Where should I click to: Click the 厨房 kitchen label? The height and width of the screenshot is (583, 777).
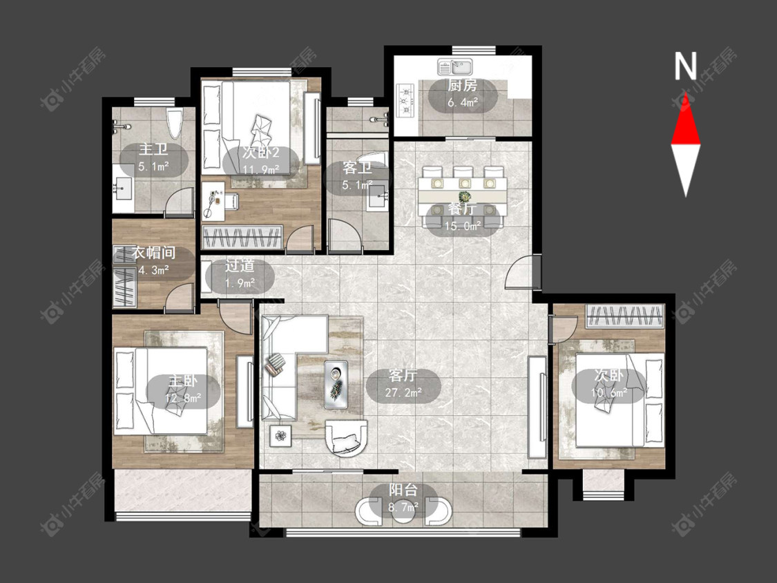click(x=462, y=86)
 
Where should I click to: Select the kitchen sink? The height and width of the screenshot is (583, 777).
click(x=455, y=66)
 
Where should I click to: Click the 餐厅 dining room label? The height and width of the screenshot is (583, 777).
click(x=462, y=209)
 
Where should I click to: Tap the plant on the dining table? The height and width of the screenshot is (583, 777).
click(x=464, y=196)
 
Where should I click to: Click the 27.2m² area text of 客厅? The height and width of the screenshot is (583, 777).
click(x=403, y=392)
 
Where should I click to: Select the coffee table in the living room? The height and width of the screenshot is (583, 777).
click(x=336, y=385)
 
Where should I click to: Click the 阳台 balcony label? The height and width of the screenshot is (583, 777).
click(x=403, y=490)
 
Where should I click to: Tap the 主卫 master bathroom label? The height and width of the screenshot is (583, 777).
click(x=153, y=149)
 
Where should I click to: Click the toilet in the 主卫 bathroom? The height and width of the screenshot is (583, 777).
click(x=175, y=124)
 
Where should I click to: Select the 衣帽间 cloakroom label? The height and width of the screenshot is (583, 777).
click(x=153, y=253)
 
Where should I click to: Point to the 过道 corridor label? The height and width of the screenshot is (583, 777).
click(x=240, y=266)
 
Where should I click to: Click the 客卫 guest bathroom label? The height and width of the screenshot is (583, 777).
click(x=357, y=168)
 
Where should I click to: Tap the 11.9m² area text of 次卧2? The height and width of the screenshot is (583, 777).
click(x=261, y=169)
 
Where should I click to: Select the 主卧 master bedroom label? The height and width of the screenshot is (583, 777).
click(x=183, y=381)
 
